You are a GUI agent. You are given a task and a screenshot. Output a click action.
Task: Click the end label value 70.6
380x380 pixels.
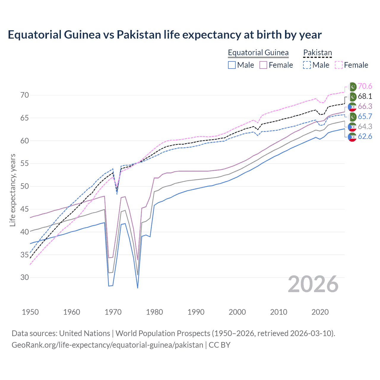point(365,86)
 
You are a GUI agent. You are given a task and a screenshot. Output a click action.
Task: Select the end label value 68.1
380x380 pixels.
point(365,96)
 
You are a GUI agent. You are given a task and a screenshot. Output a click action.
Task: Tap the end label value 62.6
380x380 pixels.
point(365,137)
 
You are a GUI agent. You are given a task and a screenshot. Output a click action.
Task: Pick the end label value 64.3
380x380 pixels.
point(365,127)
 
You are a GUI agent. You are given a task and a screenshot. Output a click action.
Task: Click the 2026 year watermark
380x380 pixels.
point(313,284)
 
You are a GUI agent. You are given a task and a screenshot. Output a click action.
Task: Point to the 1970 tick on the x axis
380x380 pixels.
point(113,312)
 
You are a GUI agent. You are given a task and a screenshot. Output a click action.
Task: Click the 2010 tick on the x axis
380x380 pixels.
point(278,312)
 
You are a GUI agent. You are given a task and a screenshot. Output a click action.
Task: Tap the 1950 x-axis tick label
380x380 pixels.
point(30,312)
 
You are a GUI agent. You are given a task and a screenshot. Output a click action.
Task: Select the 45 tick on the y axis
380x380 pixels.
point(25,209)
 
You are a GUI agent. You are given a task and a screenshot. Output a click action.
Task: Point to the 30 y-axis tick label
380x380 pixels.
point(25,278)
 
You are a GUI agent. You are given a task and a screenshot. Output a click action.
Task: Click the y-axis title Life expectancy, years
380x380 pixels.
point(12,190)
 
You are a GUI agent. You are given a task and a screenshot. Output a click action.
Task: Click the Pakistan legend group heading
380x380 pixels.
point(317,53)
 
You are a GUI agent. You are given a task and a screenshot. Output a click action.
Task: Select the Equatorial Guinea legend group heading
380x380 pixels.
point(258,53)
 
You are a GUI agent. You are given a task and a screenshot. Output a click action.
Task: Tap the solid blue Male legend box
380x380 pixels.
point(232,65)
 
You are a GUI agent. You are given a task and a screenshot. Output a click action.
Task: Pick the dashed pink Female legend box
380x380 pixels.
point(338,65)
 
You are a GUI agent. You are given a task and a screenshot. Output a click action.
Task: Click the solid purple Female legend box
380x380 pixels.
point(263,65)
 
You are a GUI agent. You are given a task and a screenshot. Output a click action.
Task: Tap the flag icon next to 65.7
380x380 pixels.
point(352,117)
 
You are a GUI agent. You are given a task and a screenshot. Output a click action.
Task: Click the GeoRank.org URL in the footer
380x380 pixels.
point(107,345)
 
